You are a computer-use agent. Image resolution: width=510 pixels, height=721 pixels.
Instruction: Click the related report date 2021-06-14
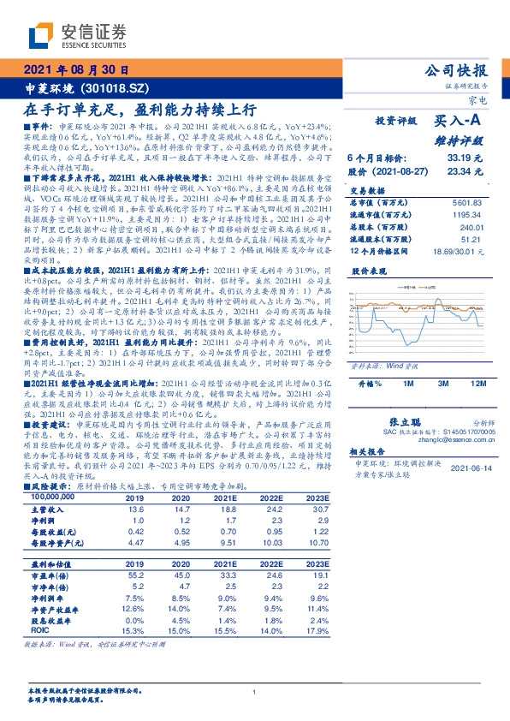click(x=475, y=468)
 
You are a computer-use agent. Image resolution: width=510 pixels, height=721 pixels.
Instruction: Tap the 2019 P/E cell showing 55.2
click(x=136, y=575)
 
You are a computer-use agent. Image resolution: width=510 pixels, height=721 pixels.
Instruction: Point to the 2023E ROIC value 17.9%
click(x=317, y=631)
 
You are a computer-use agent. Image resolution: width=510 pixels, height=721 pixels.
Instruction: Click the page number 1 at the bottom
click(x=255, y=694)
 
